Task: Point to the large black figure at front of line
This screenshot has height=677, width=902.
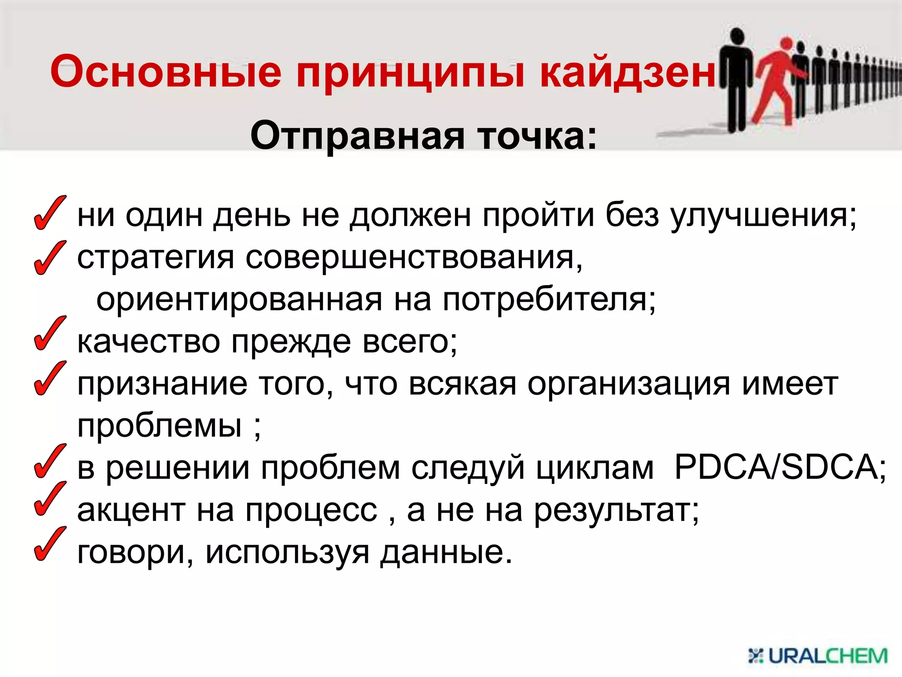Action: coord(736,79)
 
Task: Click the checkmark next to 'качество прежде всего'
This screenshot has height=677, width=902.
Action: coord(49,334)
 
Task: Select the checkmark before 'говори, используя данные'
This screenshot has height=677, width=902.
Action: coord(49,544)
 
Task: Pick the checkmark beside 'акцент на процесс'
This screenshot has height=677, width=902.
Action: coord(49,499)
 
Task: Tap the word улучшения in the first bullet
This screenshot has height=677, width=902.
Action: coord(764,216)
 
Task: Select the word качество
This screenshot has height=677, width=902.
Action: coord(149,342)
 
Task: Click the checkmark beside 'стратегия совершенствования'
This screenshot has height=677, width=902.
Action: coord(49,258)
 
